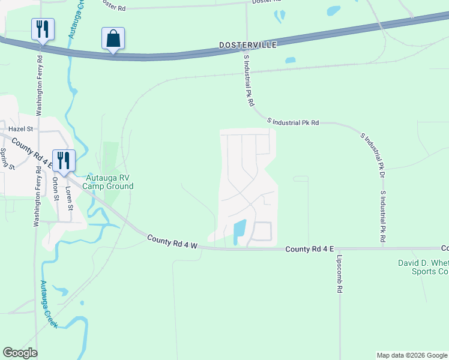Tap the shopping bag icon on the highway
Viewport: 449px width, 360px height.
[x=113, y=39]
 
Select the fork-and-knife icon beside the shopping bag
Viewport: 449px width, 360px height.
[x=43, y=29]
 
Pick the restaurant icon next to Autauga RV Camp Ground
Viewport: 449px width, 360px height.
[x=64, y=161]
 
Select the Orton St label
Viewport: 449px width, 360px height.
[x=55, y=188]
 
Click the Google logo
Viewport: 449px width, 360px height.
[x=20, y=353]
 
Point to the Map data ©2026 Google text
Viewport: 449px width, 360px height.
[x=412, y=355]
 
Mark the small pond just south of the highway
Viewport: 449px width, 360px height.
[x=291, y=60]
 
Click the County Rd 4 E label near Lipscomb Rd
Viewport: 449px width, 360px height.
[x=309, y=249]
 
